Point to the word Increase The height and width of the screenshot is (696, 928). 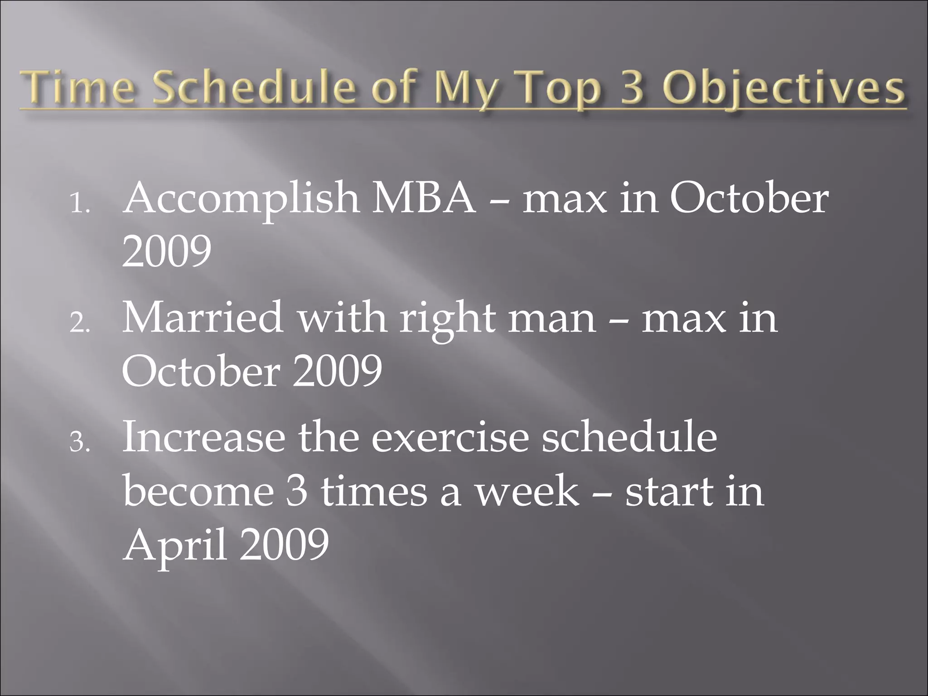(x=204, y=437)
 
